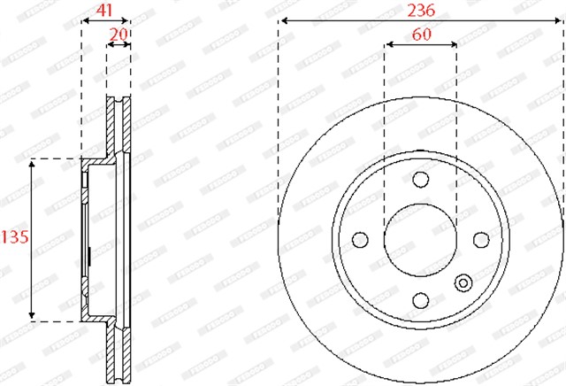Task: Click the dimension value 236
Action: coord(421,10)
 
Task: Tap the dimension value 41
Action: coord(105,10)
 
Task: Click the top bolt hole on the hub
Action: coord(421,180)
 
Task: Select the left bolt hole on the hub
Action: coord(360,240)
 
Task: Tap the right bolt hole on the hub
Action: coord(482,240)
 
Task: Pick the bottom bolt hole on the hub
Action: coord(421,301)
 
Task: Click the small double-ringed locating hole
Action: coord(463,282)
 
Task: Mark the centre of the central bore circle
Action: coord(421,240)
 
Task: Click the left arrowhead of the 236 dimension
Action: coord(280,20)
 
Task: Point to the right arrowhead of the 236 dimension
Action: coord(561,20)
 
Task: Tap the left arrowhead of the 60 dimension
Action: coord(386,43)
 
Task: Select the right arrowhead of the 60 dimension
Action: coord(455,43)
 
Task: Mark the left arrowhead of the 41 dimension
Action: coord(83,19)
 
